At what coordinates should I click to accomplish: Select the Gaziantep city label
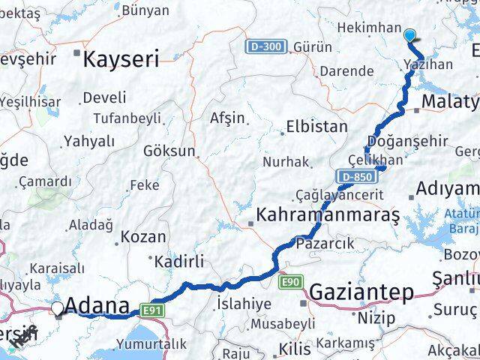[361, 292]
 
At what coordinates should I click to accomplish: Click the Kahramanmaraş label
[328, 216]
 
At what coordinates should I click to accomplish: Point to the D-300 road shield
[265, 47]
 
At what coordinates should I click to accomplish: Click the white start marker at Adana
[58, 307]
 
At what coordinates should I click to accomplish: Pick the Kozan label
[143, 236]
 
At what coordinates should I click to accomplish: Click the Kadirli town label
[178, 262]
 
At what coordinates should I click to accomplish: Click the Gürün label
[313, 47]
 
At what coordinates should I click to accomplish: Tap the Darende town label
[346, 71]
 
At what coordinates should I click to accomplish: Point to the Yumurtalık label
[151, 343]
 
